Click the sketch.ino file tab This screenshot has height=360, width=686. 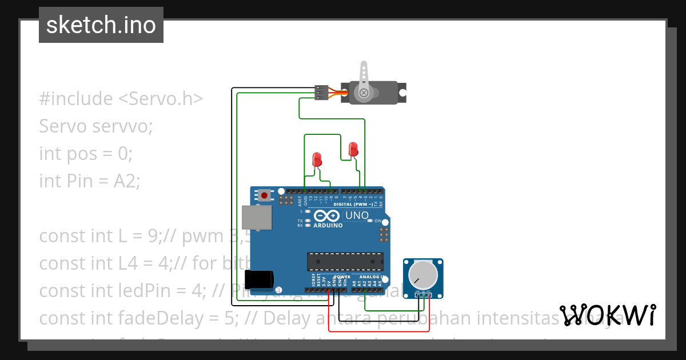coord(101,25)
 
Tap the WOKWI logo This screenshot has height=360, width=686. coord(607,315)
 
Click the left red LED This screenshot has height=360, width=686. coord(317,159)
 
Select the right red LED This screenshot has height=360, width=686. coord(353,150)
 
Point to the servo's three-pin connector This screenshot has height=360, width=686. coord(322,93)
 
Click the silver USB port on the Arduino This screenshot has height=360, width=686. coord(257,218)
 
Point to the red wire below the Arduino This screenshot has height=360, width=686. coord(377,330)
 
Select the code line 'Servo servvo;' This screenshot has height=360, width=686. coord(96,126)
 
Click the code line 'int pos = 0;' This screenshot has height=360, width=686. coord(86,153)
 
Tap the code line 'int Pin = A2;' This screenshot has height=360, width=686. coord(90,181)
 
